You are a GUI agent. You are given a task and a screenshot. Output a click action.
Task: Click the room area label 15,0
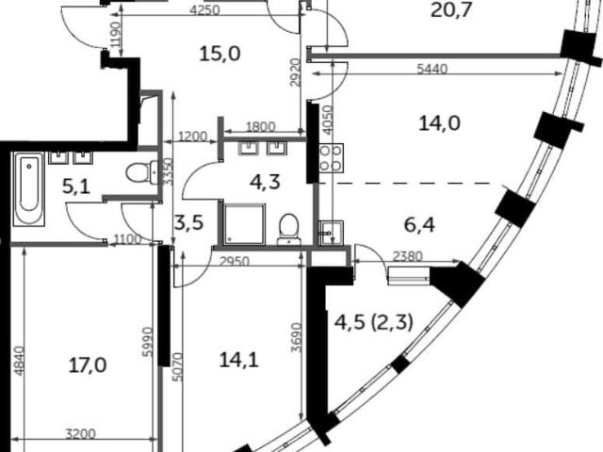coord(220,54)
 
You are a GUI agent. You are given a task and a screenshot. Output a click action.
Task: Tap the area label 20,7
coord(451,10)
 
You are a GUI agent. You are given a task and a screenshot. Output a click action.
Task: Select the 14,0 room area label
coord(439,123)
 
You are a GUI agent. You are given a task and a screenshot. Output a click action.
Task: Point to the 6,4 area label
coord(419,225)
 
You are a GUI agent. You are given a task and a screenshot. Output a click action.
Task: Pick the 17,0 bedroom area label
coord(88,364)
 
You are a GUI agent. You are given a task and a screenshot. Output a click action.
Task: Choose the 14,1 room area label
coord(238,360)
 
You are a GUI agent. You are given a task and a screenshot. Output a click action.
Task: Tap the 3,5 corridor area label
coord(188,223)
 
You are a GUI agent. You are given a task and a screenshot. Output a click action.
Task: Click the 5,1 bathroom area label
coord(76,187)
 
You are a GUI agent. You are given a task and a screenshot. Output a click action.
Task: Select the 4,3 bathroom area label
coord(265,182)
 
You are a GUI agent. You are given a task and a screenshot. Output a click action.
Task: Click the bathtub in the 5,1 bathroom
coord(29,188)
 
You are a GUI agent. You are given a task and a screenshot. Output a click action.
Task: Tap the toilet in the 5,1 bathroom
coord(142,173)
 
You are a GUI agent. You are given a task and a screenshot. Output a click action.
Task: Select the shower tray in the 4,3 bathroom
coord(244,224)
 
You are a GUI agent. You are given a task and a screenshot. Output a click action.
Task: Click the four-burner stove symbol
coord(331,158)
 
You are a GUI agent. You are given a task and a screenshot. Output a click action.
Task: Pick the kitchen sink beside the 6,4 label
coord(331,233)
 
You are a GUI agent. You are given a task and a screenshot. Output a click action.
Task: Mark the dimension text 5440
coord(432,69)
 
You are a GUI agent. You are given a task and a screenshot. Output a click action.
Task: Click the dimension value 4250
coord(205,10)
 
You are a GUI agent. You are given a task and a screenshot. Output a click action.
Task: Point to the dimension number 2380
coord(407,255)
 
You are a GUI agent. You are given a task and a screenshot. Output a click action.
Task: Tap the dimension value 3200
coord(80,434)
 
